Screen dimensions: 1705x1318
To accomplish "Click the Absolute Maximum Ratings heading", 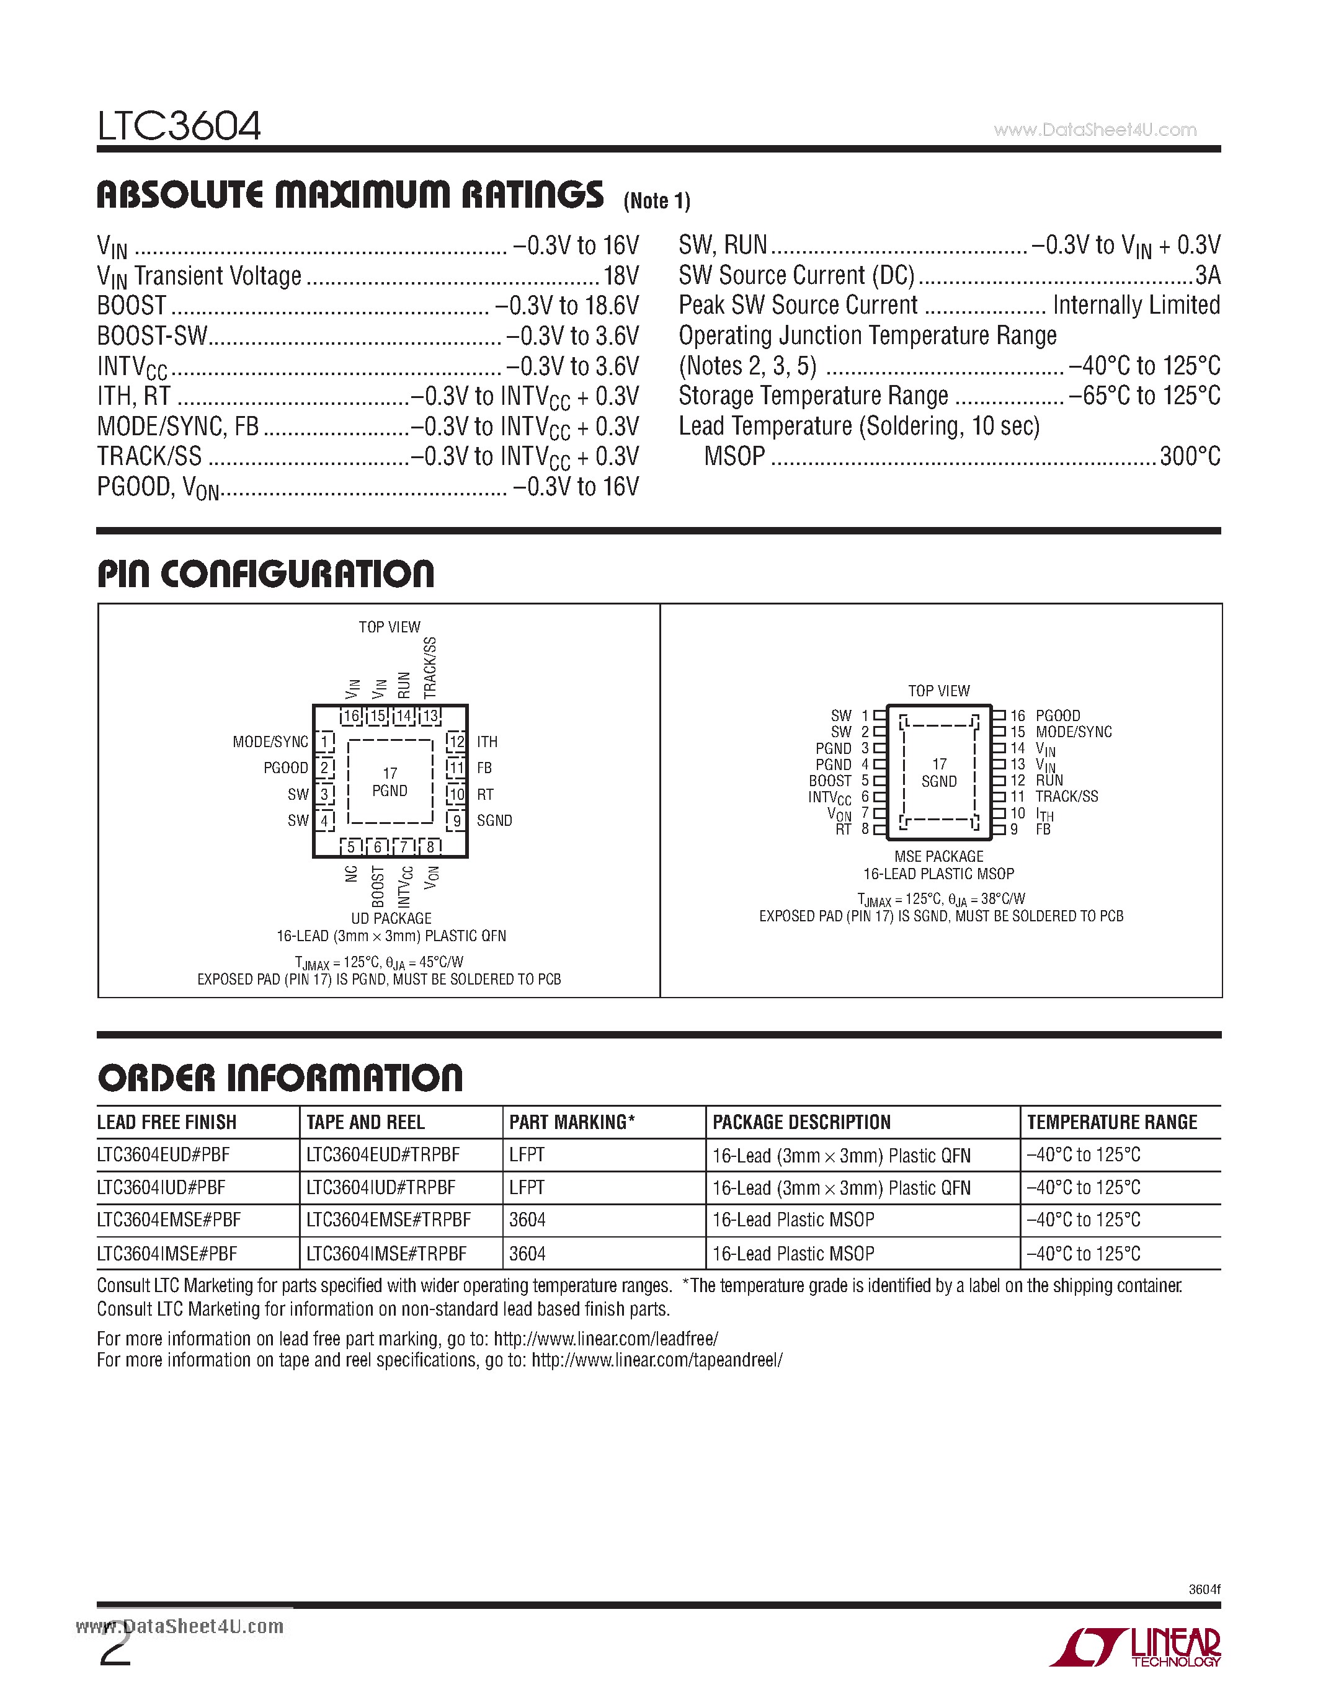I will (350, 195).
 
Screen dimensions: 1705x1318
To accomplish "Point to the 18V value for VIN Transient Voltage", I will (621, 275).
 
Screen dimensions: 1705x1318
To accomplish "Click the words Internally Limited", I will (1136, 305).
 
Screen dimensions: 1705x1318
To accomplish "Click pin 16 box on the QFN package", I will (351, 716).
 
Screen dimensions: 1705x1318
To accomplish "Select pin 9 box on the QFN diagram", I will (456, 820).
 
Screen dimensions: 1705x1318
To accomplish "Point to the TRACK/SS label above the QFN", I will (430, 668).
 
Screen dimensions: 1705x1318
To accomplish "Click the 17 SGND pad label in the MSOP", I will (938, 773).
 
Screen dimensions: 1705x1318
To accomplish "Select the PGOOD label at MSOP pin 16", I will (1058, 716).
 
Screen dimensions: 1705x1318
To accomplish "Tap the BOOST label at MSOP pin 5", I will (829, 781).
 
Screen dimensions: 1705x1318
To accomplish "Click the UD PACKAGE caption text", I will (391, 918).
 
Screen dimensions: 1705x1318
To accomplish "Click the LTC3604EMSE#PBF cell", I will (169, 1220).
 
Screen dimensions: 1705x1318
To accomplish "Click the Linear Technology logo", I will (1137, 1647).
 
